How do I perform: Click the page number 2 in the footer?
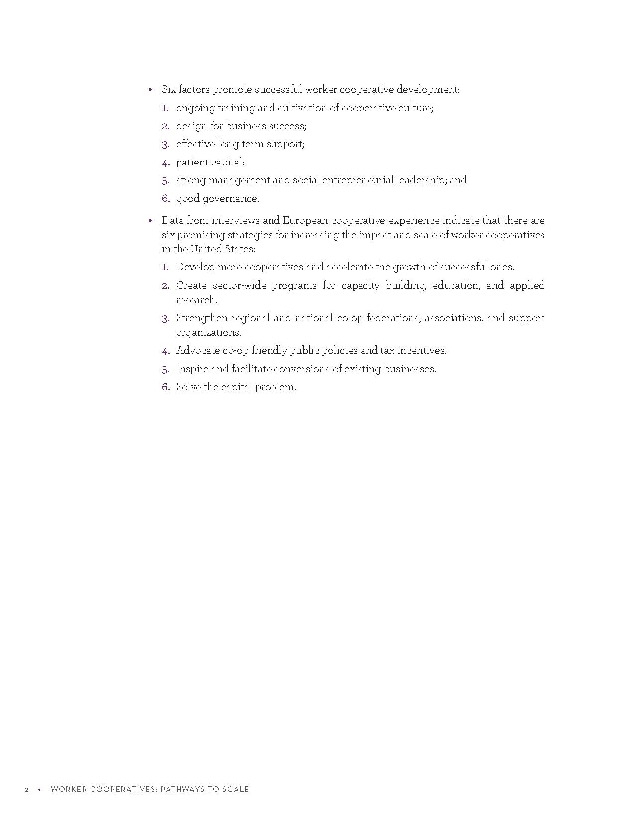point(27,790)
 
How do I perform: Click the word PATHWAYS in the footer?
point(182,789)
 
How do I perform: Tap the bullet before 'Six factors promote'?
point(150,90)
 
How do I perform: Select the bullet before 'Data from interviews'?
point(150,221)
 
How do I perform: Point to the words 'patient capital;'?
point(210,163)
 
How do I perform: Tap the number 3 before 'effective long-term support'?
point(165,145)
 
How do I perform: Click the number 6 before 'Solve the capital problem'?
point(165,387)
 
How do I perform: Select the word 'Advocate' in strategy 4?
point(198,351)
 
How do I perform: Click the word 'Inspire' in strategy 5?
point(192,369)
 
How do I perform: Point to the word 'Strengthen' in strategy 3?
point(201,318)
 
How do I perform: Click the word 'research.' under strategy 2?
point(196,300)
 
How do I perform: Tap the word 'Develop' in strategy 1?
point(195,267)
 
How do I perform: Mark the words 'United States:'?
point(223,249)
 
